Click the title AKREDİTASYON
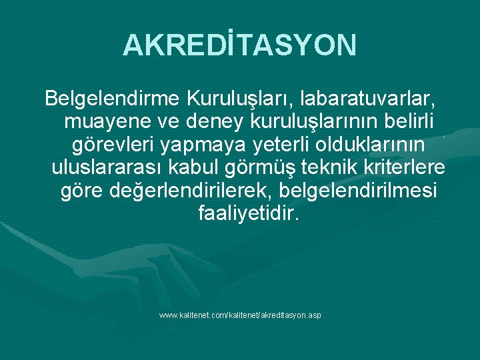(240, 45)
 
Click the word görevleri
(114, 145)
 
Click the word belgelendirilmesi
(359, 191)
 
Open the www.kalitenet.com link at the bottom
(240, 314)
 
